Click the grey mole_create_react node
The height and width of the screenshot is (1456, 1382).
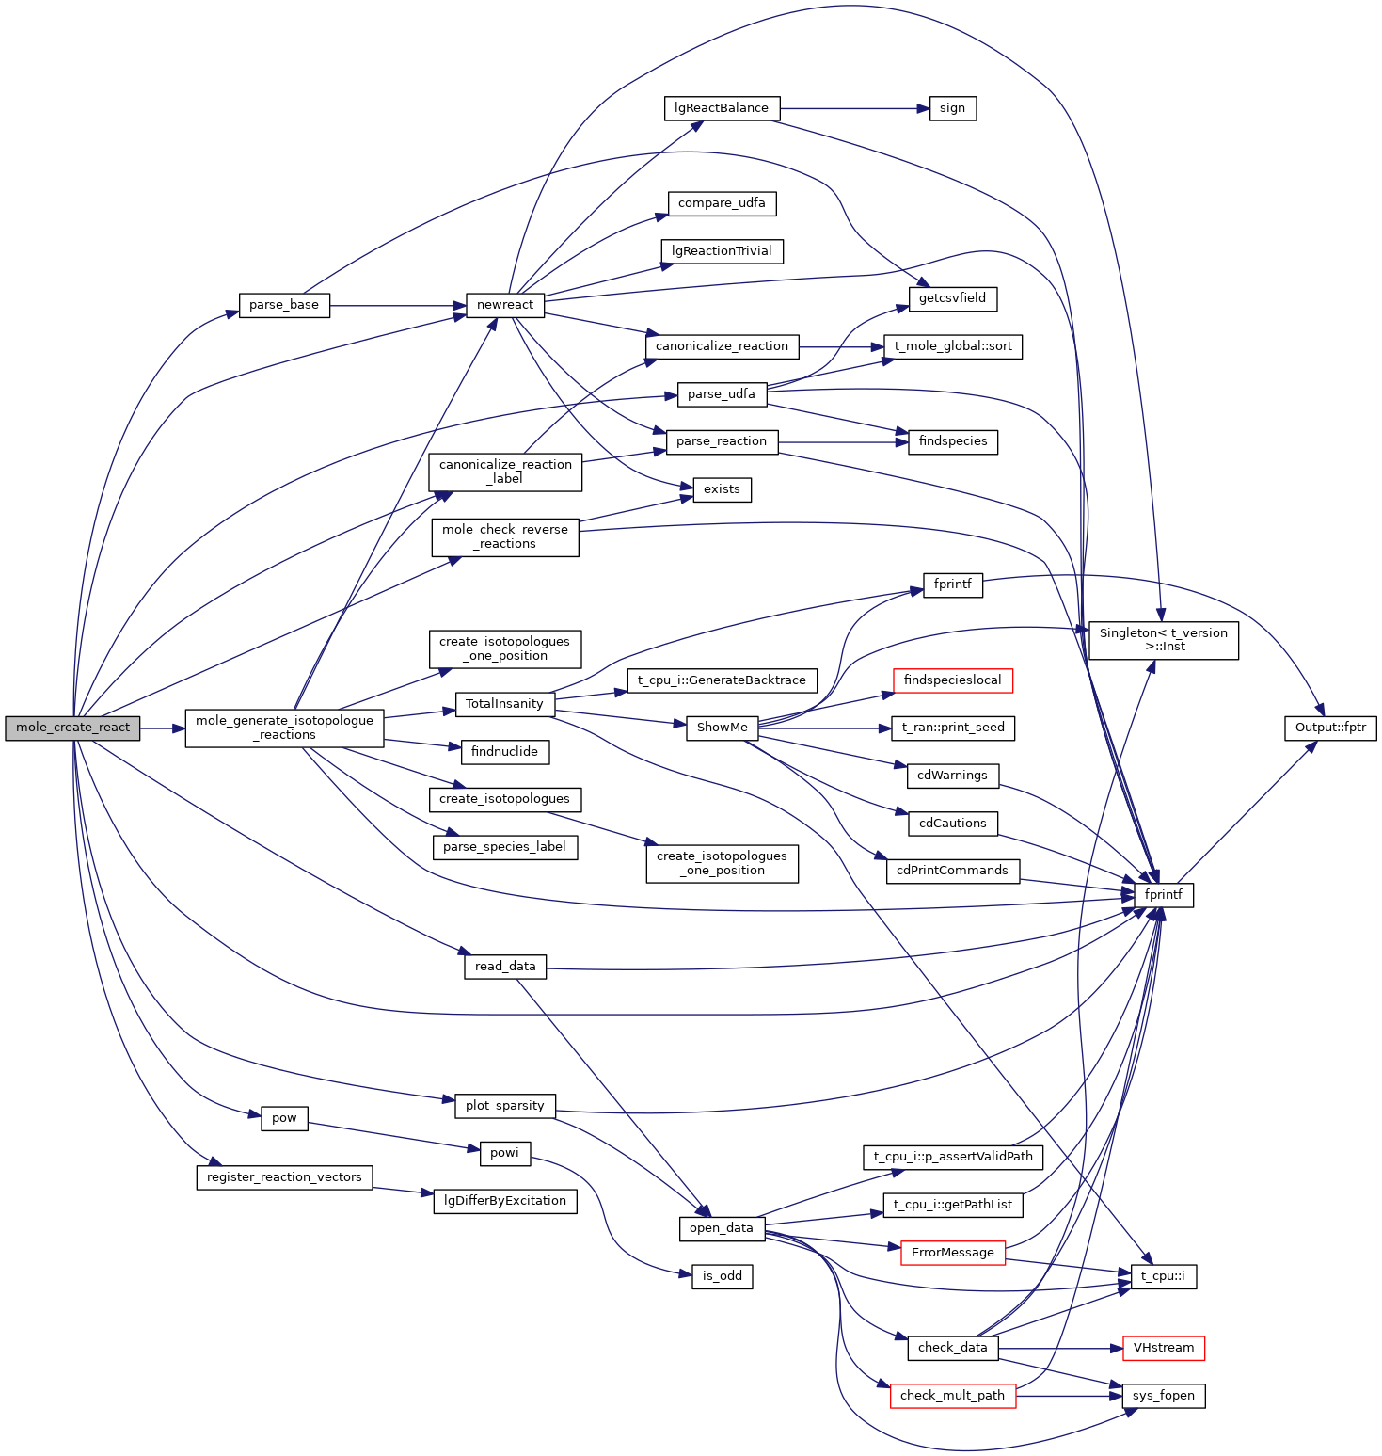pos(72,728)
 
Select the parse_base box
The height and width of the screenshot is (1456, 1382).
pos(284,305)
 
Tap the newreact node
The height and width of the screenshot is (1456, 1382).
pos(505,305)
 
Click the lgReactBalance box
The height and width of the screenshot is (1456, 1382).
pos(722,108)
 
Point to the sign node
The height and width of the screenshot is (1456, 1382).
pos(952,108)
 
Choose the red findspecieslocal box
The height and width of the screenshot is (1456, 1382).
pos(952,680)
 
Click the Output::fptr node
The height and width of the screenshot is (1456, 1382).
pos(1330,728)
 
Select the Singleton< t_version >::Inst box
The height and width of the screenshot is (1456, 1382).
pos(1163,640)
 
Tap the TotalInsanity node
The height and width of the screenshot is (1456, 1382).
pos(504,704)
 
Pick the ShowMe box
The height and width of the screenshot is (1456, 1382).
pos(722,728)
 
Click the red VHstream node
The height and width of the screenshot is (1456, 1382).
pos(1163,1348)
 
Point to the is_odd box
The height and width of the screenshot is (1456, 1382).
pos(722,1276)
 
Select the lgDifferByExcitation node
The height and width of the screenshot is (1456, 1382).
pos(504,1201)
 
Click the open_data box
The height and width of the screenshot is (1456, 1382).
pos(721,1228)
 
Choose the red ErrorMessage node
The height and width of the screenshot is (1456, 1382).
pos(952,1253)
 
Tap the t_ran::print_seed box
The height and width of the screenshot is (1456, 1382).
pos(952,728)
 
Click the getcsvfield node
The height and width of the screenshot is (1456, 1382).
pos(952,298)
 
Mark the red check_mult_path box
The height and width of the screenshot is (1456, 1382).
pos(952,1396)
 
